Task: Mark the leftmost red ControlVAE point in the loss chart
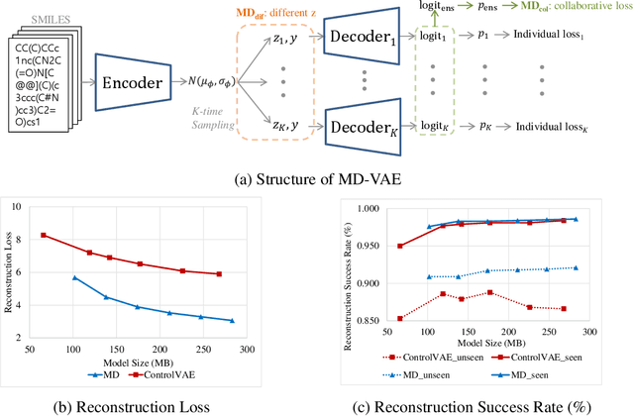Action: point(71,235)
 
